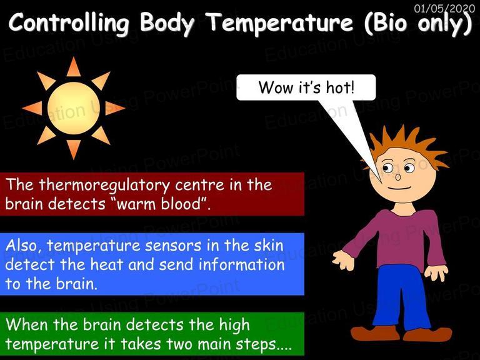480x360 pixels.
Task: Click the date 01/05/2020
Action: [444, 8]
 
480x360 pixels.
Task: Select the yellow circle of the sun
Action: [74, 108]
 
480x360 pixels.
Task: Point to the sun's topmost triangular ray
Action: [74, 68]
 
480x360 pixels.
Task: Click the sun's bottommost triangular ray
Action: [74, 149]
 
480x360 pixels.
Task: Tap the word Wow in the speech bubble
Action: [276, 87]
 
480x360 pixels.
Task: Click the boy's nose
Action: [398, 177]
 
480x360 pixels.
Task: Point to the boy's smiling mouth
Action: [399, 188]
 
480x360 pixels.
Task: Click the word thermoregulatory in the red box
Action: [104, 186]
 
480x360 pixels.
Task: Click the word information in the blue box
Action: [241, 264]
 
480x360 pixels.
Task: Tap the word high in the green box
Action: [234, 326]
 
